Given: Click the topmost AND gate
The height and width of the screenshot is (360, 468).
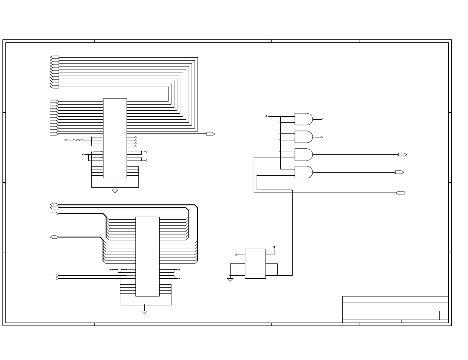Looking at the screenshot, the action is click(x=303, y=119).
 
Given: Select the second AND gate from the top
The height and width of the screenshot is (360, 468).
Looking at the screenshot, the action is click(x=303, y=136).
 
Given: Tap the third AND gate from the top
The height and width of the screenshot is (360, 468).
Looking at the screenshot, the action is click(x=303, y=154).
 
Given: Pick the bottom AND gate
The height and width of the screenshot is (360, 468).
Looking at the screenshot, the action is click(x=303, y=172).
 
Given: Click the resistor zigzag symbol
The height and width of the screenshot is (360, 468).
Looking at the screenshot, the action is click(x=78, y=140).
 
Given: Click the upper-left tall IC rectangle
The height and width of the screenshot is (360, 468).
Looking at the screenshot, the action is click(x=115, y=138).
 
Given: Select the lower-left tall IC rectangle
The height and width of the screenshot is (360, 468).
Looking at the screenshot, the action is click(x=147, y=256).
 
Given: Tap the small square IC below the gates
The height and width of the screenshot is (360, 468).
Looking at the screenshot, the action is click(x=255, y=263).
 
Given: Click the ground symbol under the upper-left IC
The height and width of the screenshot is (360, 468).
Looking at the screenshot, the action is click(x=115, y=191).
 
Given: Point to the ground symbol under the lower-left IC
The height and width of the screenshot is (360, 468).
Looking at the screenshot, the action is click(x=144, y=312).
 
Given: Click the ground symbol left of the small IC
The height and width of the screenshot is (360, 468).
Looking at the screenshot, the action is click(x=230, y=279).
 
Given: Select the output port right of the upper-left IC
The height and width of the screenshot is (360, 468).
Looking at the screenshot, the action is click(x=210, y=134).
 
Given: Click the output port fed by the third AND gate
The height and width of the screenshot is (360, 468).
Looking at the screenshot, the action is click(x=402, y=155).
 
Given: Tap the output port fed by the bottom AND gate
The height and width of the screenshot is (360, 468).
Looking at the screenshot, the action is click(x=400, y=172).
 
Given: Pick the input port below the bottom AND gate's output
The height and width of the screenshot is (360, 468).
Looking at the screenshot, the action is click(x=400, y=193).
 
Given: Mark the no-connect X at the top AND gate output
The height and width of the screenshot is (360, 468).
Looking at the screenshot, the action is click(x=322, y=119).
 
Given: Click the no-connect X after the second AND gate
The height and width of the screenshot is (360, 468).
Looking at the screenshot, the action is click(x=322, y=137).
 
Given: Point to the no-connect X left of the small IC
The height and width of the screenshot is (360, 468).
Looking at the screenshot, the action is click(x=236, y=255).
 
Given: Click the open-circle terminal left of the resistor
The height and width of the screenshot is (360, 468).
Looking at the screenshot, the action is click(x=66, y=140).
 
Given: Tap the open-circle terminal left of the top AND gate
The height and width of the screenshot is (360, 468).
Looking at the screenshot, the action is click(x=267, y=116).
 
